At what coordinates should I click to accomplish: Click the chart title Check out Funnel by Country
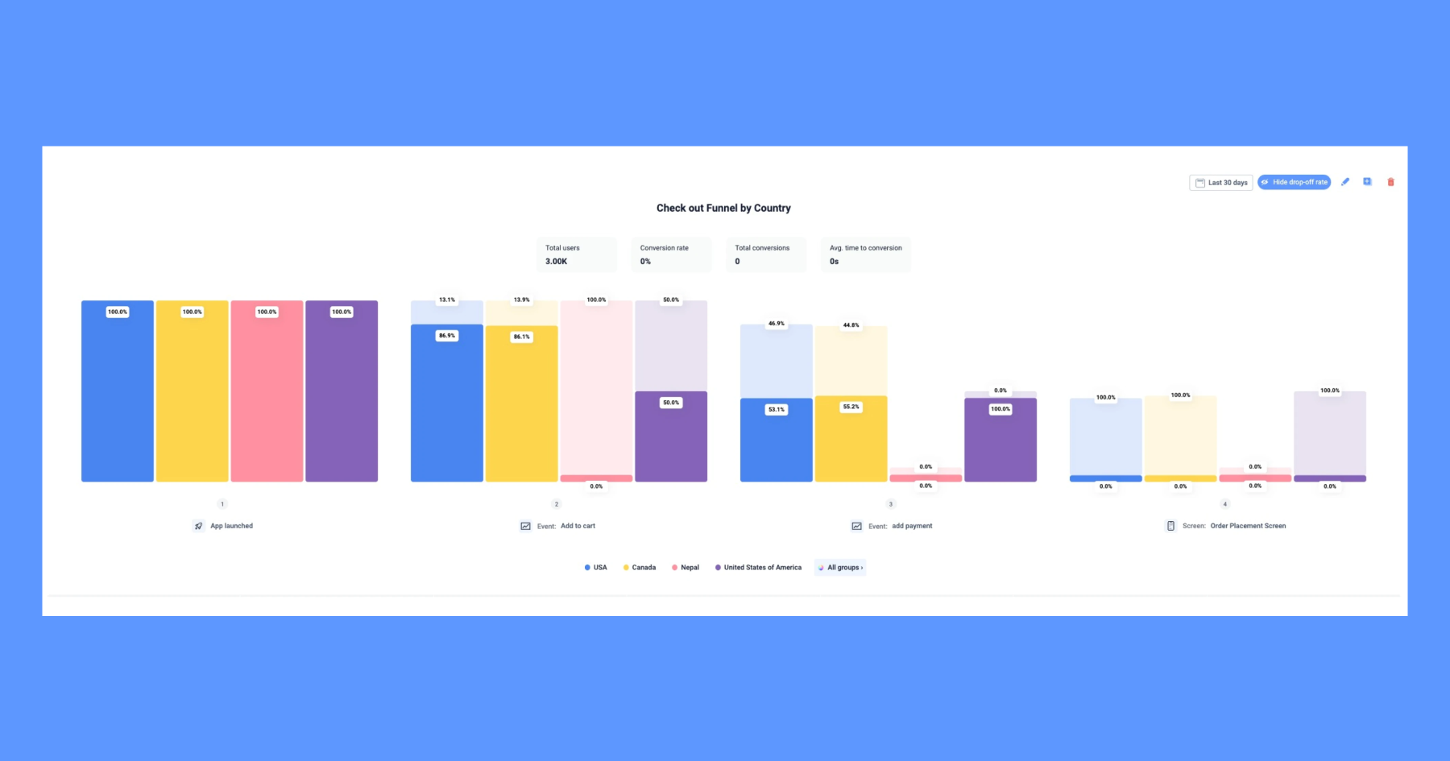(x=723, y=208)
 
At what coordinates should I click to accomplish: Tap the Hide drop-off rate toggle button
(x=1294, y=182)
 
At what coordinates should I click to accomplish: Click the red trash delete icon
(x=1390, y=182)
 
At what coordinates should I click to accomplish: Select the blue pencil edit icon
(x=1344, y=182)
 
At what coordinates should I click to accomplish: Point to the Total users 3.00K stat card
(x=576, y=254)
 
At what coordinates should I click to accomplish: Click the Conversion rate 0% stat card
(x=671, y=254)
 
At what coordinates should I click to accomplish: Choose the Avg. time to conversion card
(x=865, y=254)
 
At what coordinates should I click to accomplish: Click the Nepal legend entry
(x=686, y=568)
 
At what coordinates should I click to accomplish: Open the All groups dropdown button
(x=840, y=568)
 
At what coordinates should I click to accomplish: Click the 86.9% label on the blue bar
(x=446, y=336)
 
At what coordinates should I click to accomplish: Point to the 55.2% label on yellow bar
(x=851, y=407)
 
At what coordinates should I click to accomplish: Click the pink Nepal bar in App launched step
(x=267, y=395)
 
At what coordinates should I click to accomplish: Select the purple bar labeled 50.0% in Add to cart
(x=671, y=439)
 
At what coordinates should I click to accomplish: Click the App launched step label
(x=231, y=526)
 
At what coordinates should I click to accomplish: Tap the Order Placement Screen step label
(x=1247, y=526)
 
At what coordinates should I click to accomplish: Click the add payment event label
(x=911, y=526)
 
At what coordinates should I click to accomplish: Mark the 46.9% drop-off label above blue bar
(x=776, y=324)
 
